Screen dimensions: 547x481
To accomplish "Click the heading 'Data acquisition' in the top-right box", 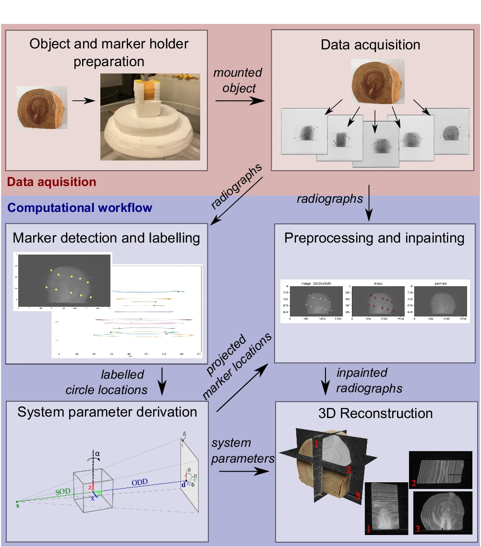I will click(370, 45).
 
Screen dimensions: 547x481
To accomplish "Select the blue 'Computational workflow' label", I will click(80, 208).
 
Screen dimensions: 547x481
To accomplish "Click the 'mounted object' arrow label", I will click(238, 81).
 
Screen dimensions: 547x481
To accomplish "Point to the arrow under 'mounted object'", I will click(240, 101).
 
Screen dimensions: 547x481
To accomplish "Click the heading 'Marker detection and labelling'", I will click(106, 238).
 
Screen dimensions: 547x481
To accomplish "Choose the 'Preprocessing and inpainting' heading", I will click(374, 238).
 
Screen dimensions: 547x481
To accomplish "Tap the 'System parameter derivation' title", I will click(107, 412).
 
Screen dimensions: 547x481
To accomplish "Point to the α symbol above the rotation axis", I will click(98, 453).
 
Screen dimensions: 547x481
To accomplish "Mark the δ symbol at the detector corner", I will click(183, 435).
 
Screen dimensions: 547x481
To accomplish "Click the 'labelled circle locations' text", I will click(107, 382).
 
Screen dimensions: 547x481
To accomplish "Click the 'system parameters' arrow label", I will click(243, 451).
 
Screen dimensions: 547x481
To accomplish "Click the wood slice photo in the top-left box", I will click(42, 107).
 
